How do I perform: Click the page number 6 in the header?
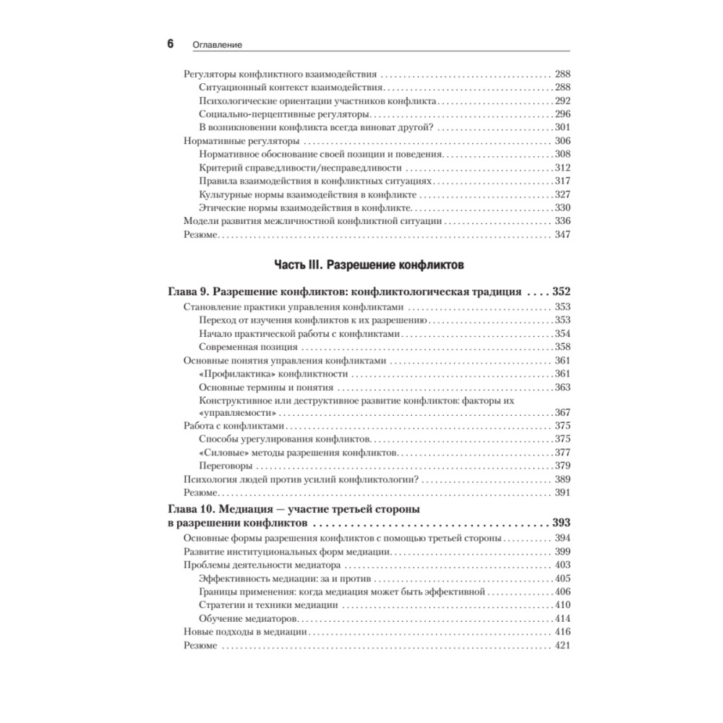tap(171, 43)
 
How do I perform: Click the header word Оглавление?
tap(217, 45)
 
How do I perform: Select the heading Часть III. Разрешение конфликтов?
tap(369, 265)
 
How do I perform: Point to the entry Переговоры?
tap(223, 466)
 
